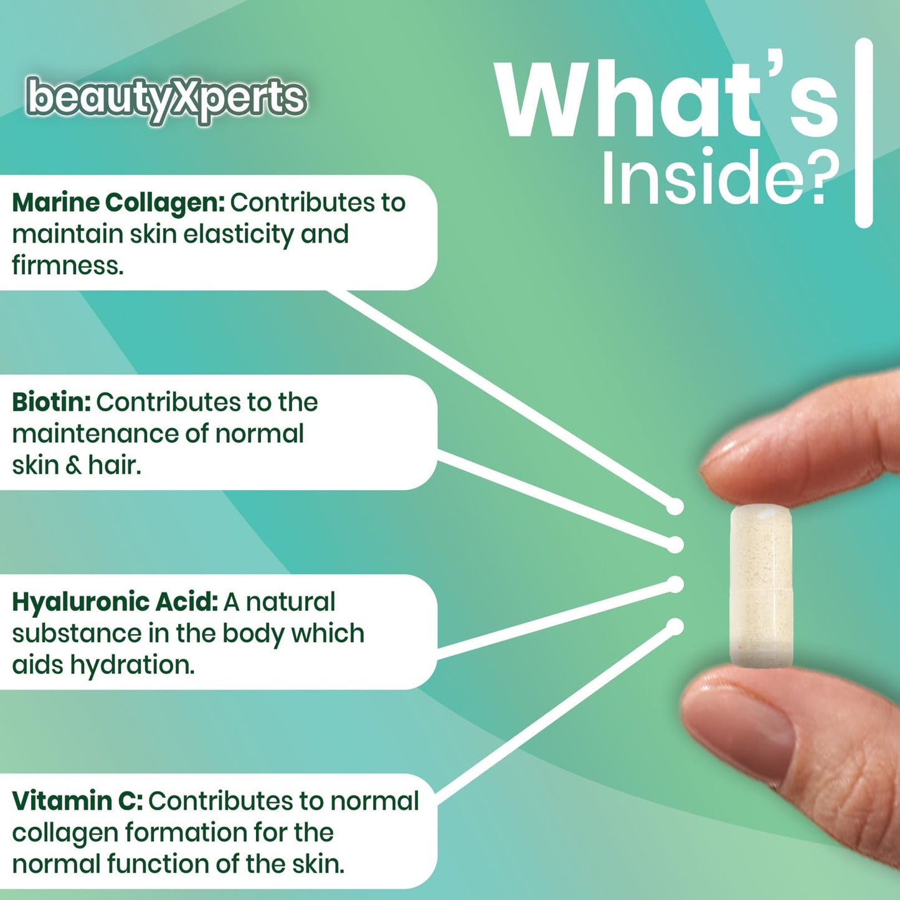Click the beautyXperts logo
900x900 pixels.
(166, 98)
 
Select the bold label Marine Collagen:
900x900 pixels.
(118, 203)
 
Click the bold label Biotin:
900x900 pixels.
(52, 402)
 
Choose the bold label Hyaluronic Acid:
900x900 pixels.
(115, 602)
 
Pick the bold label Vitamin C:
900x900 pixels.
(77, 802)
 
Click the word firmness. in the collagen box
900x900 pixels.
(68, 266)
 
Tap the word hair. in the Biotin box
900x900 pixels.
(115, 465)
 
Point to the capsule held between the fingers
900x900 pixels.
(761, 586)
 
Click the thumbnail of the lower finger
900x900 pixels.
(741, 722)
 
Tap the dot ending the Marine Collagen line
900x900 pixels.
(675, 507)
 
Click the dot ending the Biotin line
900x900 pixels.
(675, 545)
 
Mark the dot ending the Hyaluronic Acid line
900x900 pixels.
(675, 584)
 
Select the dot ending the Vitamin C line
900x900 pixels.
(675, 626)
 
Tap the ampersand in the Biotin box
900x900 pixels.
(73, 466)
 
